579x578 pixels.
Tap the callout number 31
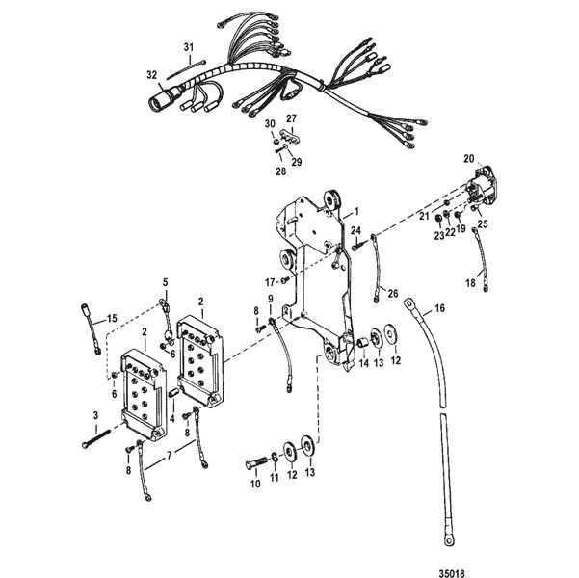click(189, 47)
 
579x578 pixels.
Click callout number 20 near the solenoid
click(469, 157)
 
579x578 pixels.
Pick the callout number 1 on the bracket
click(355, 209)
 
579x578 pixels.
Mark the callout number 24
click(355, 231)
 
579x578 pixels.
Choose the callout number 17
click(270, 280)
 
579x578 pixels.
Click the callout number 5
click(165, 282)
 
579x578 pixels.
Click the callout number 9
click(272, 299)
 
